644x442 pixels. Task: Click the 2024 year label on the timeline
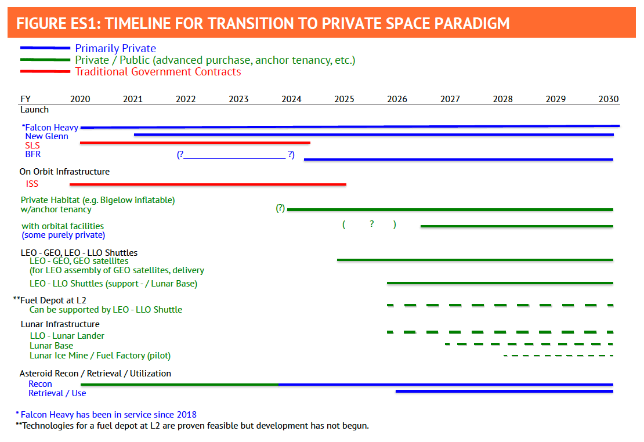tap(291, 99)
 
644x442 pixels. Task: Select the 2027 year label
tap(450, 99)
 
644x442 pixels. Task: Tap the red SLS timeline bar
tap(195, 143)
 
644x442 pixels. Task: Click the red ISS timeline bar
tap(208, 184)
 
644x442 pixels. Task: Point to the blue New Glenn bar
tap(374, 135)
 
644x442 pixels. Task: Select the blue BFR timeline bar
tap(458, 159)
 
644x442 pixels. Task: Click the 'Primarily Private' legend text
tap(115, 49)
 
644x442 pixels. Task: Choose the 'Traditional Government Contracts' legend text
tap(158, 72)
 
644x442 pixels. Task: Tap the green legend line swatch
tap(45, 60)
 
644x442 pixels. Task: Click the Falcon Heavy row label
tap(51, 127)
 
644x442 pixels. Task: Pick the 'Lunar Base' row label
tap(52, 346)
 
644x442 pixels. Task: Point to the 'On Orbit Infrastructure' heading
tap(64, 172)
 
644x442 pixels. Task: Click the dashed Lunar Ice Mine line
tap(558, 355)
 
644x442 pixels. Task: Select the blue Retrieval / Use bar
tap(504, 392)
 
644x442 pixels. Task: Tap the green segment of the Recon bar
tap(179, 384)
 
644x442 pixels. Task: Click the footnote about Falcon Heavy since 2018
tap(106, 415)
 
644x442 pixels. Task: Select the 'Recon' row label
tap(40, 384)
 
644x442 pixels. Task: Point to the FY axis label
tap(26, 99)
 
